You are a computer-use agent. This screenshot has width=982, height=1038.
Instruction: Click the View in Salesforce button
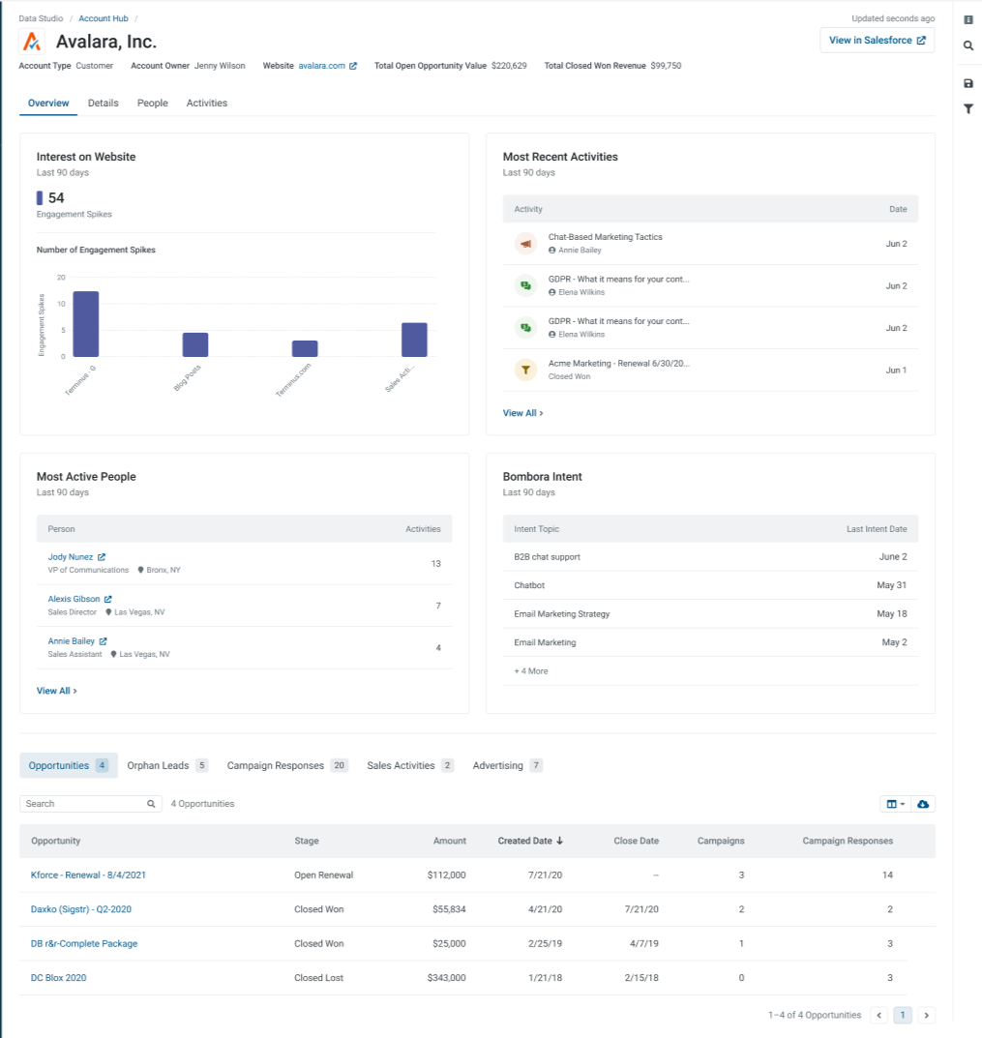pyautogui.click(x=877, y=41)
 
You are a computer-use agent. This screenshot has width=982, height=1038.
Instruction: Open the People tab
pyautogui.click(x=152, y=104)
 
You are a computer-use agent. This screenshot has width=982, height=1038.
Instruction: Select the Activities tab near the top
pyautogui.click(x=207, y=104)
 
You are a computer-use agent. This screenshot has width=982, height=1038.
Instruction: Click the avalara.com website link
pyautogui.click(x=322, y=66)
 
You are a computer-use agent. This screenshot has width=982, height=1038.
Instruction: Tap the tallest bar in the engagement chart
pyautogui.click(x=86, y=324)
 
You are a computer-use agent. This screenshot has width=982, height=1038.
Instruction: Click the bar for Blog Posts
pyautogui.click(x=195, y=344)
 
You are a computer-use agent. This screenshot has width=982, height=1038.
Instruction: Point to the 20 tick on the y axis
pyautogui.click(x=61, y=278)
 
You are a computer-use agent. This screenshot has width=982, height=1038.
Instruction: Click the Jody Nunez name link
pyautogui.click(x=71, y=557)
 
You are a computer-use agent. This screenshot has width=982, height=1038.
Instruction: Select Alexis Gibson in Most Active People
pyautogui.click(x=74, y=599)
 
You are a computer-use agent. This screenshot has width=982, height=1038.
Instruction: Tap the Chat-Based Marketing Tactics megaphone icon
pyautogui.click(x=525, y=244)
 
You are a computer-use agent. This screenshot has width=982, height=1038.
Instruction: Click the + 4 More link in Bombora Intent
pyautogui.click(x=531, y=671)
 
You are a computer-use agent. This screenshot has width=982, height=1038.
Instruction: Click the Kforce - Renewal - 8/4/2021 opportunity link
pyautogui.click(x=88, y=875)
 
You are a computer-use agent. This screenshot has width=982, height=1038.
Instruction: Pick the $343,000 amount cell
pyautogui.click(x=446, y=978)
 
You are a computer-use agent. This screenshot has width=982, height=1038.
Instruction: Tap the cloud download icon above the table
pyautogui.click(x=923, y=804)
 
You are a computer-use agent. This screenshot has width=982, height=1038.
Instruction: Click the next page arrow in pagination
pyautogui.click(x=927, y=1015)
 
